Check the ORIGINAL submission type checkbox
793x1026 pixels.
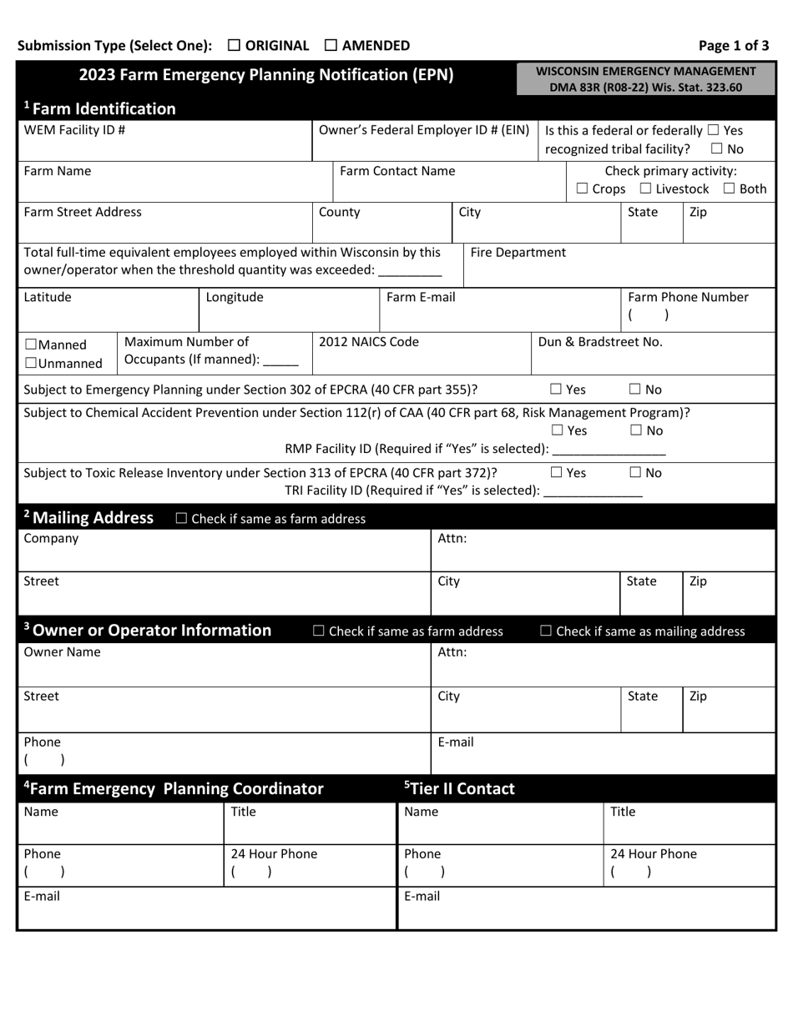pyautogui.click(x=234, y=46)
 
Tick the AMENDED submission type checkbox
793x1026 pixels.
pyautogui.click(x=331, y=46)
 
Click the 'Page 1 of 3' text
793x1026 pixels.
pyautogui.click(x=734, y=46)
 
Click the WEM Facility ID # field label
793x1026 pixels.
pyautogui.click(x=74, y=130)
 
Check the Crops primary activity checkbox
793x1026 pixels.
pyautogui.click(x=582, y=189)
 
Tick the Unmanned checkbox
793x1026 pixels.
pyautogui.click(x=31, y=364)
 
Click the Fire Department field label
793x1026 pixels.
pyautogui.click(x=518, y=252)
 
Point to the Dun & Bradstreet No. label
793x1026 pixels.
pyautogui.click(x=600, y=341)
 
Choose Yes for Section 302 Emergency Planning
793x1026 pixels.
pyautogui.click(x=556, y=389)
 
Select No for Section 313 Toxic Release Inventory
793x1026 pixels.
pyautogui.click(x=635, y=473)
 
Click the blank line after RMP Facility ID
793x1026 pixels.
pyautogui.click(x=609, y=450)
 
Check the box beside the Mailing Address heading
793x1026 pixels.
pyautogui.click(x=181, y=519)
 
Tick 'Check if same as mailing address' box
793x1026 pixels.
pyautogui.click(x=546, y=631)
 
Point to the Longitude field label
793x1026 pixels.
pyautogui.click(x=235, y=297)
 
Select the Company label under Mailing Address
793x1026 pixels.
pyautogui.click(x=51, y=538)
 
